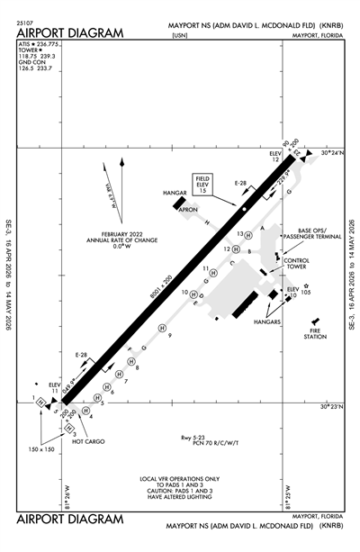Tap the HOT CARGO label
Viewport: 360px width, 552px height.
(x=89, y=442)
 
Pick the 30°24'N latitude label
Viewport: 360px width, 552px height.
(x=332, y=153)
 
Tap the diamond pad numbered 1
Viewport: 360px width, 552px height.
(x=41, y=402)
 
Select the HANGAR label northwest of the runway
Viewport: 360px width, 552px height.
(x=175, y=193)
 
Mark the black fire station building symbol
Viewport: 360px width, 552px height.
(x=314, y=321)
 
